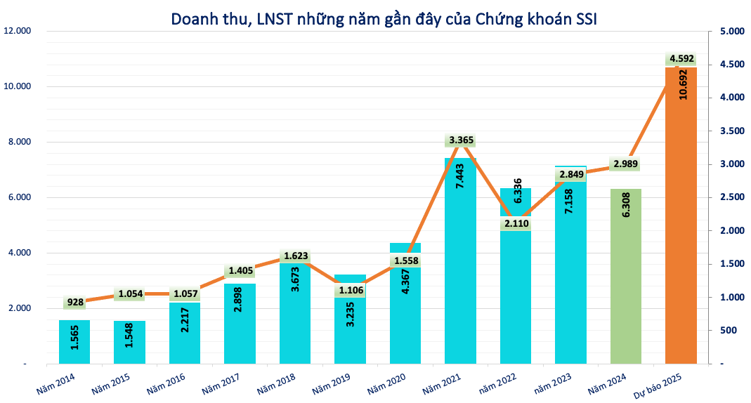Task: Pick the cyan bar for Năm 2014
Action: coord(74,344)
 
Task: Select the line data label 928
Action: coord(74,303)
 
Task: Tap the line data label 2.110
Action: coord(516,224)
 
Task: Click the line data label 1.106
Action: coord(351,290)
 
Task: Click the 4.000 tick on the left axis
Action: coord(20,253)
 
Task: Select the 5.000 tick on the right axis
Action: coord(731,32)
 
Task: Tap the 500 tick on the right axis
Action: coord(726,331)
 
